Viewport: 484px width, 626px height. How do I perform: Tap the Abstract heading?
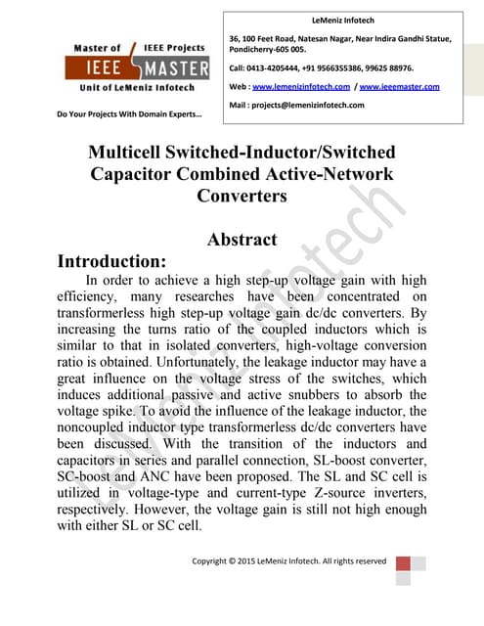pyautogui.click(x=242, y=239)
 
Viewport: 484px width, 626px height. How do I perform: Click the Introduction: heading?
pyautogui.click(x=111, y=262)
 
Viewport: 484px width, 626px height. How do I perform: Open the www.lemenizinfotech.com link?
pyautogui.click(x=302, y=87)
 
